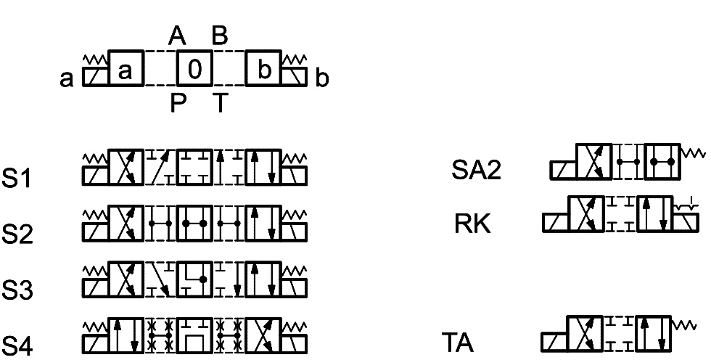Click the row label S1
point(17,179)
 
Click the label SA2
point(476,170)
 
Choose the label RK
point(472,224)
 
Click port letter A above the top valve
point(177,35)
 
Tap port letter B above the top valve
point(219,35)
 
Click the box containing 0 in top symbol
point(195,69)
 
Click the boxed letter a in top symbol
point(126,69)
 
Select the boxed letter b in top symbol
point(264,69)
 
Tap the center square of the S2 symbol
point(195,224)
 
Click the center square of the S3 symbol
point(195,279)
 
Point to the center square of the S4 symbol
point(195,335)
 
